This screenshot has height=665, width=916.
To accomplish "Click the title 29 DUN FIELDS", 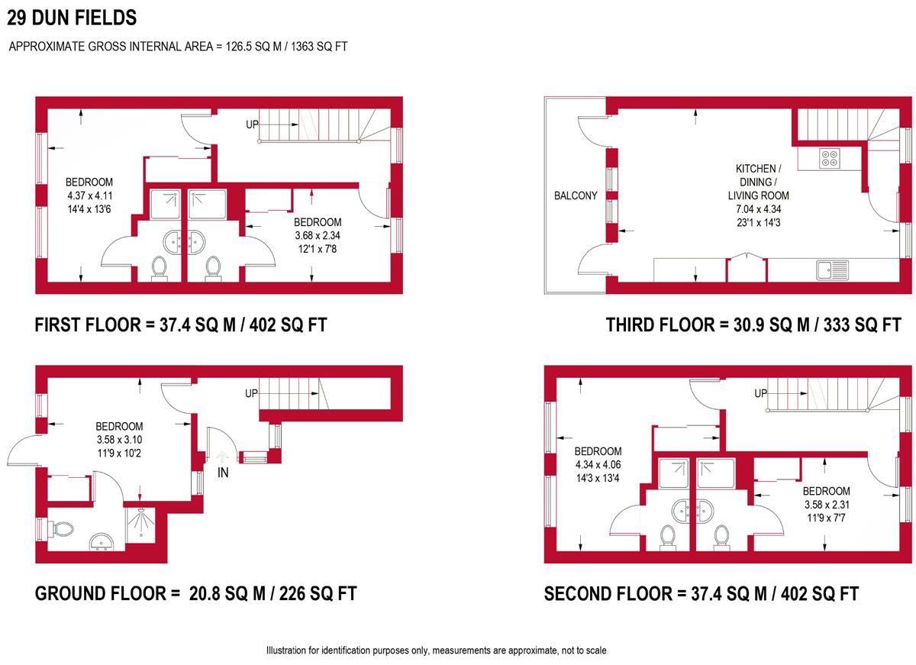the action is click(72, 18).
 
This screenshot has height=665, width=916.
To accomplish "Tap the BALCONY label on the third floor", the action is click(576, 195).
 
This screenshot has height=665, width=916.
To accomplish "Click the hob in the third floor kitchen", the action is click(831, 158).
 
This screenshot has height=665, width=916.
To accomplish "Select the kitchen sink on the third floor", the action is click(832, 270).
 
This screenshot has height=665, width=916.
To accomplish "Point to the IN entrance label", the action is click(223, 473).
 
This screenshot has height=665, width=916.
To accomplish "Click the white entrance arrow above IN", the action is click(222, 457).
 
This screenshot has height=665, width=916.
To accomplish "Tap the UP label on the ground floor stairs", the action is click(251, 393).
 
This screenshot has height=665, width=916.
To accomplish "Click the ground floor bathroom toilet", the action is click(62, 530).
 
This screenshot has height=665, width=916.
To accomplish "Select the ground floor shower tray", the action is click(140, 525).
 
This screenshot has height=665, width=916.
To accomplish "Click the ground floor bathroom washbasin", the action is click(102, 542).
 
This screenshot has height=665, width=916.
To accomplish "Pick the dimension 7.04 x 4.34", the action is click(758, 209).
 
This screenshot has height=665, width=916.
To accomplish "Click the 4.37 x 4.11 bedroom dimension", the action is click(89, 195).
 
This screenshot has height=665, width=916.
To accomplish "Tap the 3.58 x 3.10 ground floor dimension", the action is click(119, 440).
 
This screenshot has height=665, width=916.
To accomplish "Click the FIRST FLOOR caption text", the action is click(88, 324).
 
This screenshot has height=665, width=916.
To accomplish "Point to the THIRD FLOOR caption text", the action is click(660, 324).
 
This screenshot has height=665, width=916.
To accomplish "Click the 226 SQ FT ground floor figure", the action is click(318, 593).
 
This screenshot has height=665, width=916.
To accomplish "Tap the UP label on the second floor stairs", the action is click(761, 393).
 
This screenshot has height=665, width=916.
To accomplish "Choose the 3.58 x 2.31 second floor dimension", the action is click(827, 504).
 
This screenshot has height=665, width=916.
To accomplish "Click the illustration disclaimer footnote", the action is click(437, 650).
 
